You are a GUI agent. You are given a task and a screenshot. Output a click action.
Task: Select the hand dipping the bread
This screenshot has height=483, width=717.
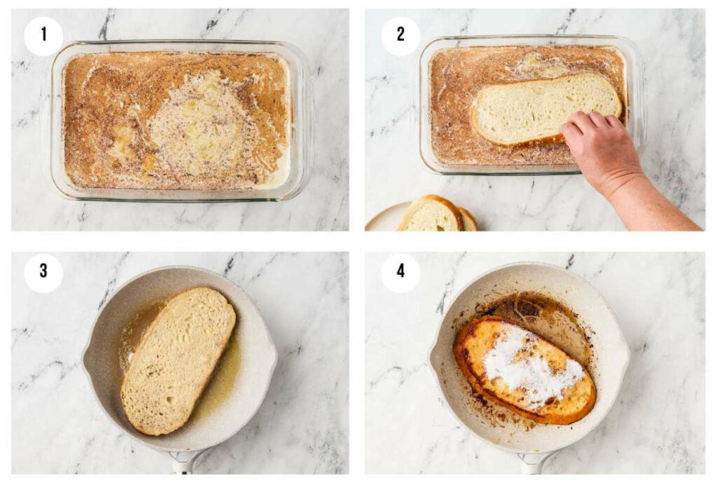pyautogui.click(x=602, y=151)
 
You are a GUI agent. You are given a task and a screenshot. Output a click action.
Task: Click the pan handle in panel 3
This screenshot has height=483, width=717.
pyautogui.click(x=183, y=463)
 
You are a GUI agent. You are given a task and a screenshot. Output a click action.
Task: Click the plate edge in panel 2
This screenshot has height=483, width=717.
pyautogui.click(x=382, y=217)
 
